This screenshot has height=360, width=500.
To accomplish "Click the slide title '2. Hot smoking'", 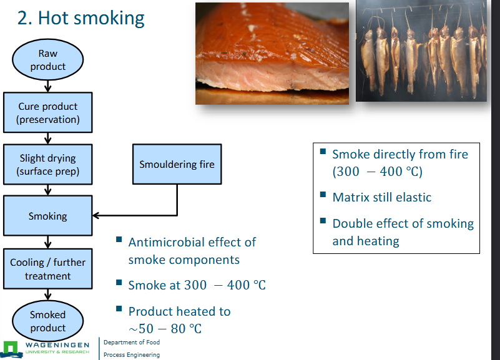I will coord(81,17).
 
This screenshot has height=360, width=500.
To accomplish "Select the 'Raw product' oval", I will coord(47,60).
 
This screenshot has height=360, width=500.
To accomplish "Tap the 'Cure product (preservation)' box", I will coord(48,113).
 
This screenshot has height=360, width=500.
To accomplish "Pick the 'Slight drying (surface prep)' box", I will coord(48,165).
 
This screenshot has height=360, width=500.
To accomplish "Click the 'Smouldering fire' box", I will coord(177,165).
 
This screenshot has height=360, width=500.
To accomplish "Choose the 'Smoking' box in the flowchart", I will coord(48,216).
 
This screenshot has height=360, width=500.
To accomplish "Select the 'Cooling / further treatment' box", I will coord(48,269).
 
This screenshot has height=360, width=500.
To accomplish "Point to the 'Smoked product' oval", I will coord(47,321).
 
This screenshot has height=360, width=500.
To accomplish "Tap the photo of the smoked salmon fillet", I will coord(272,53).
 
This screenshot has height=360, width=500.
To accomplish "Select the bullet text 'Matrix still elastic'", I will coord(381,197).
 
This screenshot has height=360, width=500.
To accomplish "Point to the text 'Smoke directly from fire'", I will coord(400,154).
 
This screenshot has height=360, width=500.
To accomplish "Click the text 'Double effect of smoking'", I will coord(403,223).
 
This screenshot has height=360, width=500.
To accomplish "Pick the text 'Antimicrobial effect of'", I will coord(192,242).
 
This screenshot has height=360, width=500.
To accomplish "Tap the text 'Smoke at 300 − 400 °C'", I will coord(197,285).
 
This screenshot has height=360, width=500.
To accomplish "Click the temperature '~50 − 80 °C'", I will coord(165,328).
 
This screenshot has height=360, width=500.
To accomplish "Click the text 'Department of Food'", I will coord(131,343).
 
